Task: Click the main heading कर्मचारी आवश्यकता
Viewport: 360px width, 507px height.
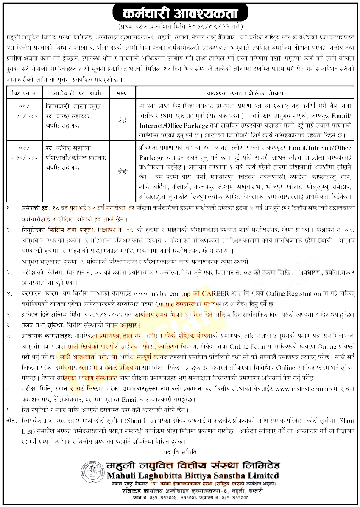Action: [x=180, y=13]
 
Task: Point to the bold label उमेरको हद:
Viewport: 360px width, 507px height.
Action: [x=36, y=209]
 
